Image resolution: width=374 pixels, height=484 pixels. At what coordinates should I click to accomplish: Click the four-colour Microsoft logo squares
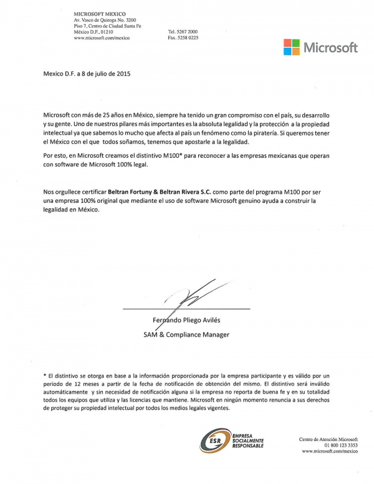(x=292, y=47)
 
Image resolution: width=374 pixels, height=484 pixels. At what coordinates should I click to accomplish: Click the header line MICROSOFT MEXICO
(x=100, y=13)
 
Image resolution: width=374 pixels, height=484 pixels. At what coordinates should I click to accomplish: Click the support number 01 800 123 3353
(x=338, y=445)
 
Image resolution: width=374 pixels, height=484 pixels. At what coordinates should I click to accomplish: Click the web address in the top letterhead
(x=102, y=38)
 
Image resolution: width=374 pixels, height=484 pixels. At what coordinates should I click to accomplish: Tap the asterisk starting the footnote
(x=44, y=377)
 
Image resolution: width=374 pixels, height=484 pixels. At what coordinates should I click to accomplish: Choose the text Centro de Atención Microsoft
(x=328, y=440)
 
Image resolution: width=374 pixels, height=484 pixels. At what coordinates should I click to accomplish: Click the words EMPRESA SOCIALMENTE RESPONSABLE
(x=247, y=441)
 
